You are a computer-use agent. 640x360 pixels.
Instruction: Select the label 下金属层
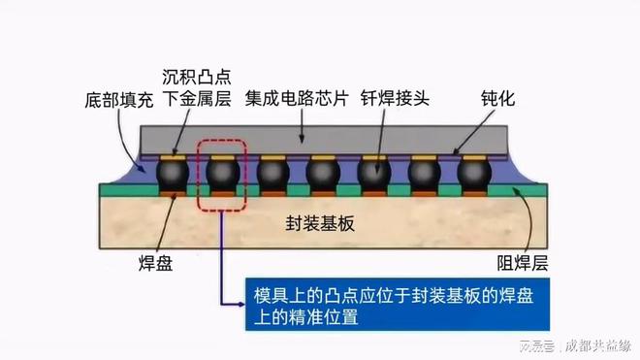coord(196,100)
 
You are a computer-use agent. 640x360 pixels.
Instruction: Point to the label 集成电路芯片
coord(291,100)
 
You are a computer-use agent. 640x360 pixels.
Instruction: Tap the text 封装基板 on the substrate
coord(321,223)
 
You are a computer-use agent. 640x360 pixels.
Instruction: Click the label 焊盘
coord(155,263)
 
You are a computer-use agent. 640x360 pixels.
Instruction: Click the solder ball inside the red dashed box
coord(222,176)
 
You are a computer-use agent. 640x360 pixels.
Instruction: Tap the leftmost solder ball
coord(173,176)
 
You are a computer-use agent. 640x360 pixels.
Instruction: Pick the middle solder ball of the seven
coord(323,176)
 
